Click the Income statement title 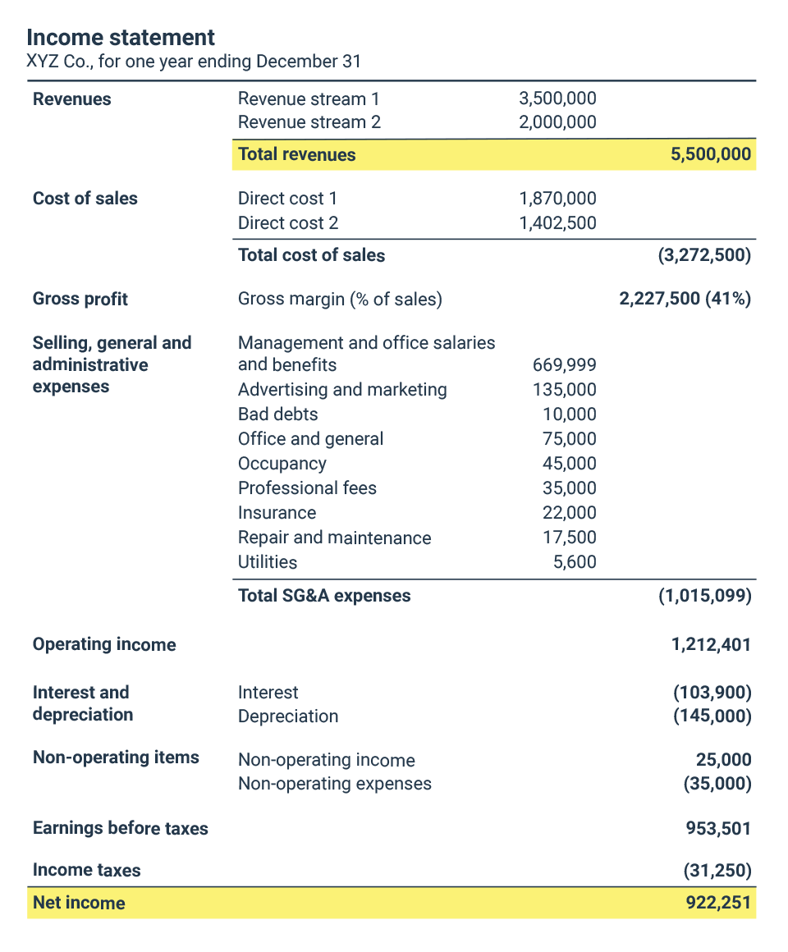tap(121, 37)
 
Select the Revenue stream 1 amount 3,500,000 tap(557, 99)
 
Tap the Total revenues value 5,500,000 tap(710, 154)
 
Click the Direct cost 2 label tap(287, 223)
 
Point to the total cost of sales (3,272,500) tap(704, 255)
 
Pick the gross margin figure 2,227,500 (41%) tap(685, 299)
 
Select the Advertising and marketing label tap(342, 390)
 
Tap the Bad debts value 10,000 tap(569, 414)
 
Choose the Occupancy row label tap(282, 464)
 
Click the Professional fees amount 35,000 tap(569, 488)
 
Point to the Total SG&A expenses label tap(324, 596)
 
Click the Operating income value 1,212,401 tap(711, 645)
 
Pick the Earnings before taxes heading tap(120, 829)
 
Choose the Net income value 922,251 tap(718, 903)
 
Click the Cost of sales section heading tap(85, 199)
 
